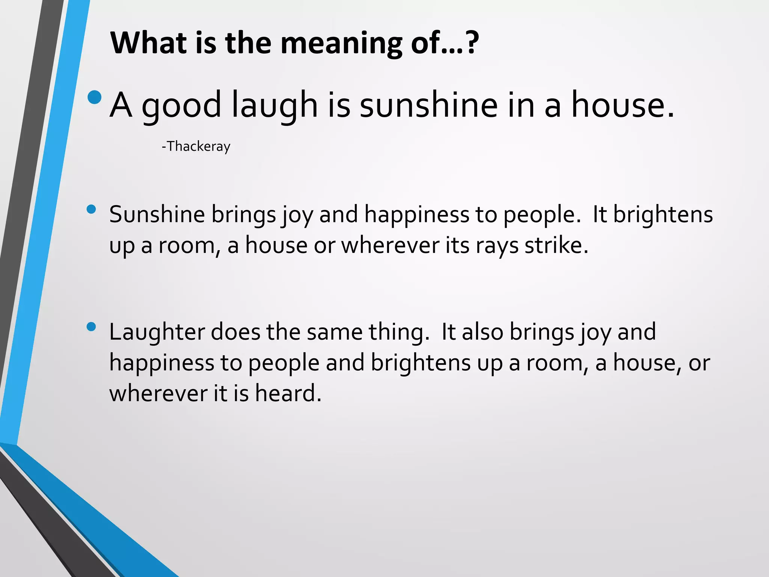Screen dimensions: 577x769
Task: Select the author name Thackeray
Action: click(198, 146)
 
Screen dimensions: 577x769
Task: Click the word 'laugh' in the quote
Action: click(274, 106)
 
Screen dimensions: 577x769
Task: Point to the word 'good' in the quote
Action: click(181, 107)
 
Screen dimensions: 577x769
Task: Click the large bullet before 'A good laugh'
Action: click(94, 97)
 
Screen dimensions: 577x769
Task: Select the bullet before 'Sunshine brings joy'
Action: click(91, 209)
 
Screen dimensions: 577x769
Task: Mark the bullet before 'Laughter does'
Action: click(91, 326)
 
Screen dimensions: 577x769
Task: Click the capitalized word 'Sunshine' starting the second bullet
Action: click(157, 214)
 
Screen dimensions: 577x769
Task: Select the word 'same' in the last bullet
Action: click(335, 332)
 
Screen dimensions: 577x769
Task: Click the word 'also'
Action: click(482, 332)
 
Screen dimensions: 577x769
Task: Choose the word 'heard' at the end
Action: click(288, 393)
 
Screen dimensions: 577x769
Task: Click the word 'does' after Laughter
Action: click(235, 332)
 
